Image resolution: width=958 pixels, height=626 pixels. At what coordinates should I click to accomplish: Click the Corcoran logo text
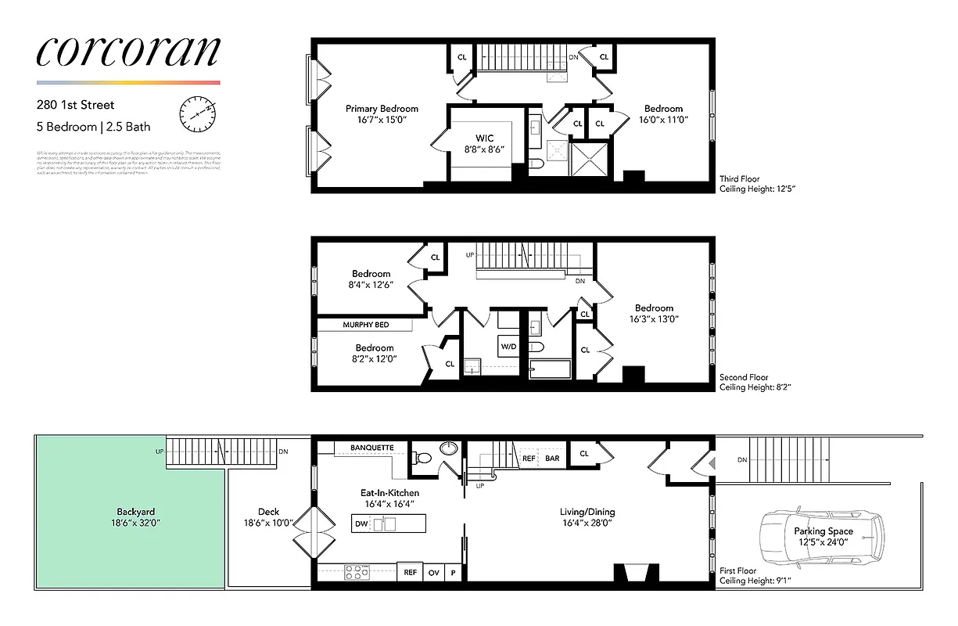point(127,52)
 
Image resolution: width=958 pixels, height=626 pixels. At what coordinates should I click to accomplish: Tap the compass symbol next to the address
point(196,114)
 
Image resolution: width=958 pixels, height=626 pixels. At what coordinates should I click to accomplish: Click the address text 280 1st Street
point(75,104)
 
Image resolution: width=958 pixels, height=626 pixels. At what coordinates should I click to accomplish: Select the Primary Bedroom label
point(382,109)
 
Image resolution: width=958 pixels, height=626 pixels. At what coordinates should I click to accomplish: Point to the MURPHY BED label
point(365,325)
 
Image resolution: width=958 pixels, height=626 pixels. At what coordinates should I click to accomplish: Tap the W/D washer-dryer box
point(508,345)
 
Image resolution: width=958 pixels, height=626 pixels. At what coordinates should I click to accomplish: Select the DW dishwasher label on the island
point(361,523)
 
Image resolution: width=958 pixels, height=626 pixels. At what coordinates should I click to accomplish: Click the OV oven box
point(434,573)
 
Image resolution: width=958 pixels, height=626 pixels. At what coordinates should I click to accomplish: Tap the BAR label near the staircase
point(552,458)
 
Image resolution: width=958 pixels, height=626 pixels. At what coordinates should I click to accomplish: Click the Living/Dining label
point(587,513)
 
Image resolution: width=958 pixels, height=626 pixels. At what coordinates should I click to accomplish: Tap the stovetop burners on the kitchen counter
point(357,572)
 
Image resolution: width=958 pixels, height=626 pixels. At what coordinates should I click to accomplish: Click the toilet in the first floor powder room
point(421,459)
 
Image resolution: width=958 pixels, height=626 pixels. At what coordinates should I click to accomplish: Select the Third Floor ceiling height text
point(757,189)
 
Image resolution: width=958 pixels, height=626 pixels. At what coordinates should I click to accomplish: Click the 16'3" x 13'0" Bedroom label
point(654,318)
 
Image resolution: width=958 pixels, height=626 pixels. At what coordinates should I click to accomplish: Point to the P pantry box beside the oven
point(454,573)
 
